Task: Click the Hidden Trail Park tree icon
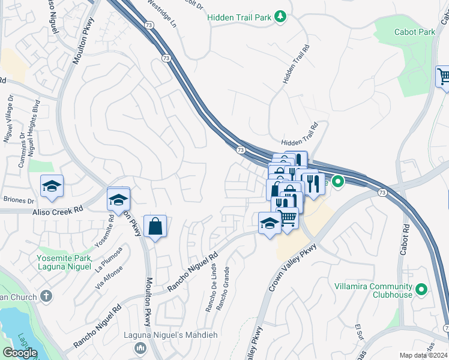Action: pos(280,17)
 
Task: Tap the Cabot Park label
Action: pos(414,31)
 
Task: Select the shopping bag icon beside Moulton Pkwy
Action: pos(155,226)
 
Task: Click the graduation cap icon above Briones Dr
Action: pos(52,186)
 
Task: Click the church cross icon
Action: pos(46,296)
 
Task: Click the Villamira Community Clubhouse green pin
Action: pos(422,290)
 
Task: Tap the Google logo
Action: pos(20,353)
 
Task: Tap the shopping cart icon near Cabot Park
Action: pos(443,77)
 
